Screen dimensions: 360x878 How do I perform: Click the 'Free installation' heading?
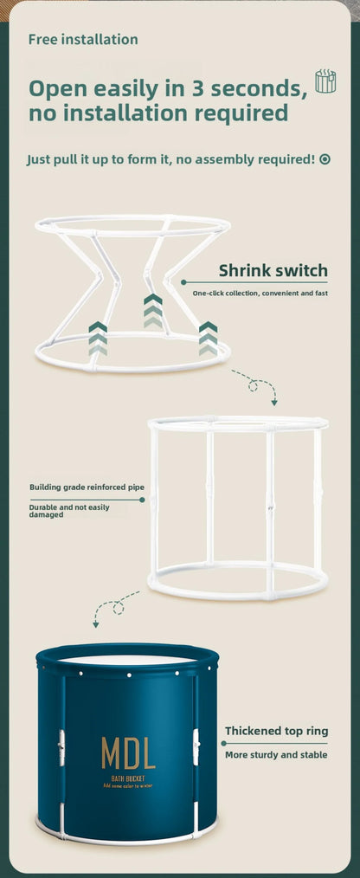click(83, 40)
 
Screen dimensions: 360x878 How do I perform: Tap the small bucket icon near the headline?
click(325, 81)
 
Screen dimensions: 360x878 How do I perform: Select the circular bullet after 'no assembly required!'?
click(325, 159)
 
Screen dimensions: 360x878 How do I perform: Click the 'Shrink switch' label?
click(273, 270)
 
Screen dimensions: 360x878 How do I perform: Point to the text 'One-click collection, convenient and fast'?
click(260, 294)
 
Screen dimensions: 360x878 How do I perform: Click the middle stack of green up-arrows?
click(153, 311)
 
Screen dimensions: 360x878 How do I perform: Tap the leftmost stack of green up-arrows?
click(98, 339)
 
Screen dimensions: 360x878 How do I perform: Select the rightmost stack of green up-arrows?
click(209, 339)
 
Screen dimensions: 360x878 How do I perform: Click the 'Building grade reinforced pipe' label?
click(87, 487)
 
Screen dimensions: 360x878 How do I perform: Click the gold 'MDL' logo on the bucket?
click(128, 752)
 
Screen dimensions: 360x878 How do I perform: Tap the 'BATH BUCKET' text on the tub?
click(128, 779)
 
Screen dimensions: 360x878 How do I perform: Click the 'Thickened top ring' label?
click(277, 732)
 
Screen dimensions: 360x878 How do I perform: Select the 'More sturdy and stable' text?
click(277, 755)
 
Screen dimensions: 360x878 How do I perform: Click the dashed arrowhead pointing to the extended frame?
click(274, 402)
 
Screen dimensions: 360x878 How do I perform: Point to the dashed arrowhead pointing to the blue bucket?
click(96, 623)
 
